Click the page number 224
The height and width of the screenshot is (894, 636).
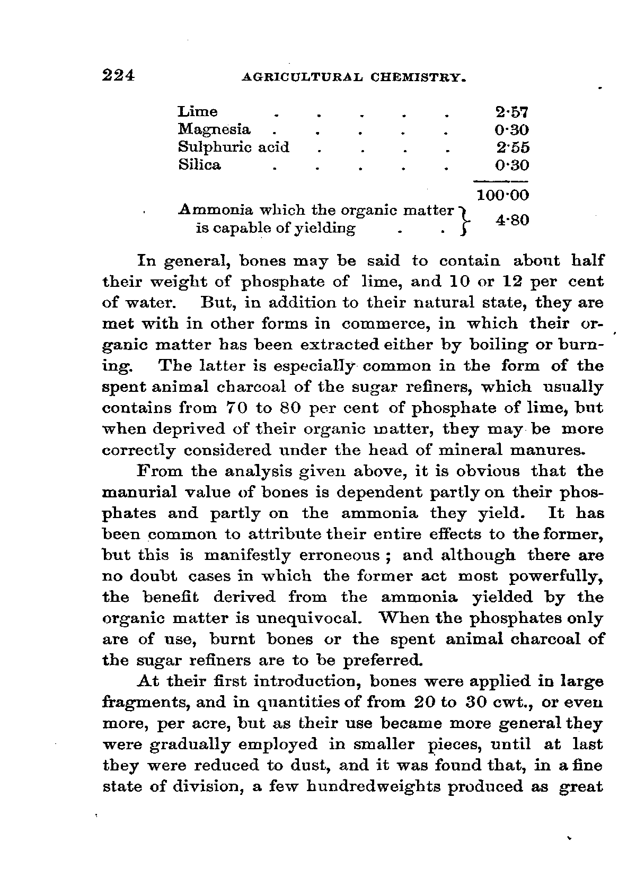pyautogui.click(x=119, y=75)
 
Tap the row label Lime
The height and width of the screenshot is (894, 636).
pyautogui.click(x=198, y=112)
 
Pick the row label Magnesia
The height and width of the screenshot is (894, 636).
pyautogui.click(x=214, y=129)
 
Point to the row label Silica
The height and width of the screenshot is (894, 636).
pyautogui.click(x=200, y=165)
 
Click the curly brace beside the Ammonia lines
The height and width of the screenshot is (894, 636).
pyautogui.click(x=464, y=220)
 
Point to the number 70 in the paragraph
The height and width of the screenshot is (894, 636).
pyautogui.click(x=234, y=408)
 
